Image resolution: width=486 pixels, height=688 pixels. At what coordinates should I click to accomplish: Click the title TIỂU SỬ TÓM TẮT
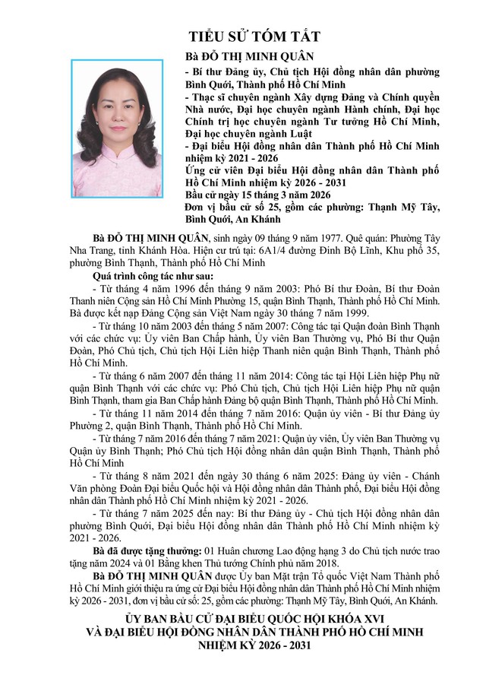[254, 36]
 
